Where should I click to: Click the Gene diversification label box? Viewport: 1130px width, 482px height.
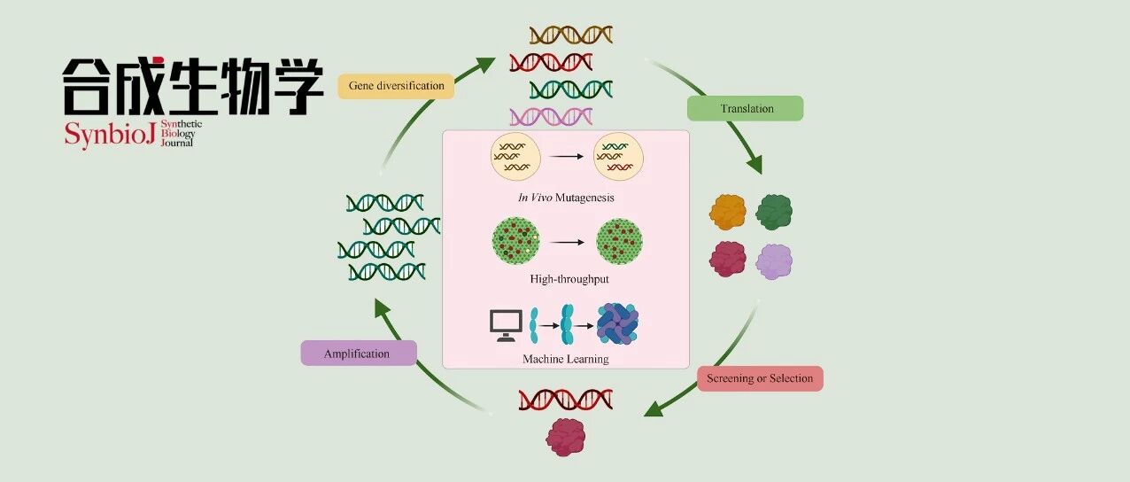tap(396, 86)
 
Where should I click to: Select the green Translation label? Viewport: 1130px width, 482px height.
tap(745, 108)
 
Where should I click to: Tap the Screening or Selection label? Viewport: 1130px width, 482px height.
tap(760, 378)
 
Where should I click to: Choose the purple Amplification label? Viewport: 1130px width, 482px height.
tap(359, 353)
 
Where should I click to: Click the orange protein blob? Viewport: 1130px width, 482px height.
tap(727, 212)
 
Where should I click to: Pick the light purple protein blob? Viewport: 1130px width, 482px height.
tap(774, 261)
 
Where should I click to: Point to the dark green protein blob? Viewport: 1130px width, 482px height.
tap(774, 212)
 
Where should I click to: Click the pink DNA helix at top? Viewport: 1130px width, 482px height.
tap(551, 117)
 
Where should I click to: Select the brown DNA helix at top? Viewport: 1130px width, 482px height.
tap(571, 35)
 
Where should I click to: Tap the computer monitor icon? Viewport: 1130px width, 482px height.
tap(506, 325)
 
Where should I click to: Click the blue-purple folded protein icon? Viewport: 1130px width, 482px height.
tap(617, 323)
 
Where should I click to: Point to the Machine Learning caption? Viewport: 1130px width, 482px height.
tap(566, 359)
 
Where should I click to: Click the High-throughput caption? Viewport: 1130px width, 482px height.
tap(569, 279)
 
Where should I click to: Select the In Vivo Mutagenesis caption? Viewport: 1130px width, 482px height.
tap(566, 198)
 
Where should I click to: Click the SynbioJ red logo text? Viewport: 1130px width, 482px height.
tap(110, 135)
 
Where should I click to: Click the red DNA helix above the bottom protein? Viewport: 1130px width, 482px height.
tap(566, 400)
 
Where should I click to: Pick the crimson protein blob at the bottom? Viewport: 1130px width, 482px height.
tap(566, 438)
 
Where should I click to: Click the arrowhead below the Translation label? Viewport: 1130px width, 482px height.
tap(755, 164)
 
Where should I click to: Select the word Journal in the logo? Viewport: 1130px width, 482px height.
tap(177, 143)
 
